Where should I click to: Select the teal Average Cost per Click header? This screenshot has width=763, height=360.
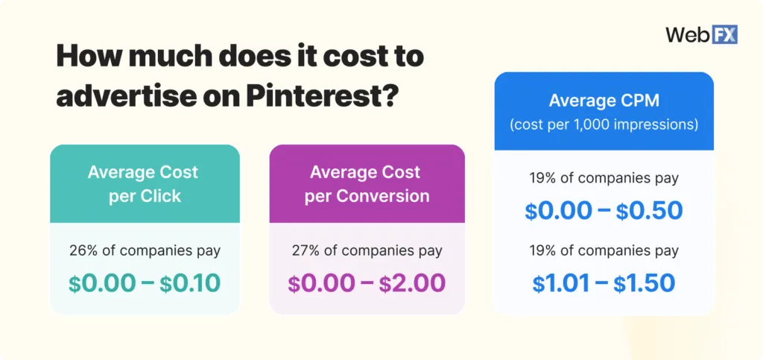click(x=143, y=183)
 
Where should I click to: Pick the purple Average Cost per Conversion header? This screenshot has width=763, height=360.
click(x=366, y=183)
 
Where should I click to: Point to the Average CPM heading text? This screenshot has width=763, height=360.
click(x=604, y=101)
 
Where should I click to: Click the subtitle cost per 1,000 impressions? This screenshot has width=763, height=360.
click(x=604, y=124)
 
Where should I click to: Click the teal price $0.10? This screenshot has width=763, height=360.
click(x=191, y=283)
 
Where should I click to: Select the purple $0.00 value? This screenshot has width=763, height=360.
click(x=321, y=283)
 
